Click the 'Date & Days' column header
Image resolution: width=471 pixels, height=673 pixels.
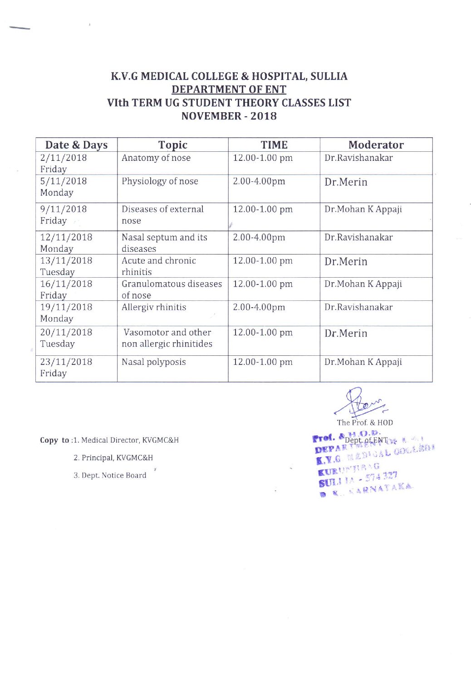click(76, 145)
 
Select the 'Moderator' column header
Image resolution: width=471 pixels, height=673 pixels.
click(376, 145)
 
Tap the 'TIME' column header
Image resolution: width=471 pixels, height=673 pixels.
click(274, 145)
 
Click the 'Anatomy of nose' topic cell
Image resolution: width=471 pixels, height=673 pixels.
click(156, 158)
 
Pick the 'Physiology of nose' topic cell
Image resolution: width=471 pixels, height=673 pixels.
click(160, 181)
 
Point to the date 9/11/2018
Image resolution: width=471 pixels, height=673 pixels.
click(64, 209)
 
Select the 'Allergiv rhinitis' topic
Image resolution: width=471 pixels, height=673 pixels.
click(154, 307)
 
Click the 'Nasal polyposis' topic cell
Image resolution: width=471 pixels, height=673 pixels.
click(154, 362)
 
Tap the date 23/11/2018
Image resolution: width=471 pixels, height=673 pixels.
click(66, 362)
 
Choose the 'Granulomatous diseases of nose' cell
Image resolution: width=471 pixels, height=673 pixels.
click(172, 289)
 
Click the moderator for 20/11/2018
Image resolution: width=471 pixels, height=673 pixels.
click(346, 334)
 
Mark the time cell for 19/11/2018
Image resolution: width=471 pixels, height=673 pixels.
click(259, 307)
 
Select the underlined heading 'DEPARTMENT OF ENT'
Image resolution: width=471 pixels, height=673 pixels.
click(229, 90)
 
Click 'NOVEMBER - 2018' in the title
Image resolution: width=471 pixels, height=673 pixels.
click(229, 116)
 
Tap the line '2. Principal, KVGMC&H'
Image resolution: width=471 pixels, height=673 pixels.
click(113, 458)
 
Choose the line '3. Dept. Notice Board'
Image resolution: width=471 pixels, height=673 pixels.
click(110, 475)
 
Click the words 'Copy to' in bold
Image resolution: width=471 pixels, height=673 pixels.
click(54, 440)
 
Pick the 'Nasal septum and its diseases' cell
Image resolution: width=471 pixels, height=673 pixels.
click(164, 243)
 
